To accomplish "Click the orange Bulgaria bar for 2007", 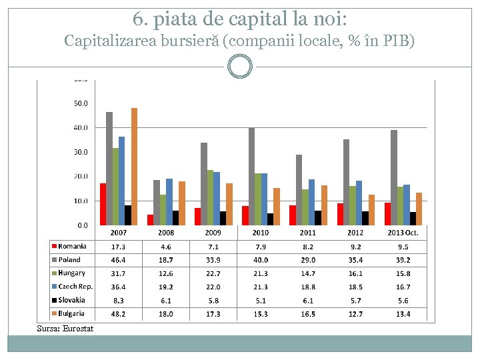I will (134, 167).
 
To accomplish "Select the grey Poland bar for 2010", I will (251, 176).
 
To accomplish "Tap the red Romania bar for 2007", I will (103, 204).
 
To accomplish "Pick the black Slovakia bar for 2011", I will (318, 218).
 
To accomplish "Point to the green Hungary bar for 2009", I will (210, 197).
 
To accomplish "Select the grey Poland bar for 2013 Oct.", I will (394, 177).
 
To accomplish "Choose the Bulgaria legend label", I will (71, 313).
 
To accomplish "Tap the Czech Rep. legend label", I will (75, 287).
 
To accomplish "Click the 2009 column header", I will (213, 233).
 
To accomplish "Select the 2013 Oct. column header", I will (403, 233).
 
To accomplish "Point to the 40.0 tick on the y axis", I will (80, 127).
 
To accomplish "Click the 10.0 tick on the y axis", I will (80, 201).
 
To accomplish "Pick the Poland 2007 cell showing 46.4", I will (119, 260).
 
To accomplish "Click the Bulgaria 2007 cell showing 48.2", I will (119, 314).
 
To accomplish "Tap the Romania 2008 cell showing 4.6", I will (166, 247).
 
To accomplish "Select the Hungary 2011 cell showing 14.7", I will (307, 273).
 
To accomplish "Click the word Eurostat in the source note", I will (79, 328).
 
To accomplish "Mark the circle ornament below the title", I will (240, 67).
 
